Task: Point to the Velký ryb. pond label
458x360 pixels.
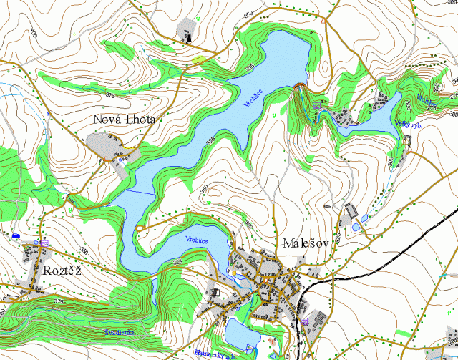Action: tap(407, 123)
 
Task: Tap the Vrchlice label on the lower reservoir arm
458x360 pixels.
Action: tap(196, 239)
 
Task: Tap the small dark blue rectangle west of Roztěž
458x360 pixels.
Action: tap(16, 235)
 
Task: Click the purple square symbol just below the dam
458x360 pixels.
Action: tap(316, 106)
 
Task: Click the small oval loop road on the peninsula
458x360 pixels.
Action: tap(140, 228)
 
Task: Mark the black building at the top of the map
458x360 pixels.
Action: tap(187, 34)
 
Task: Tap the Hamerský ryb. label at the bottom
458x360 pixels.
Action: tap(214, 353)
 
